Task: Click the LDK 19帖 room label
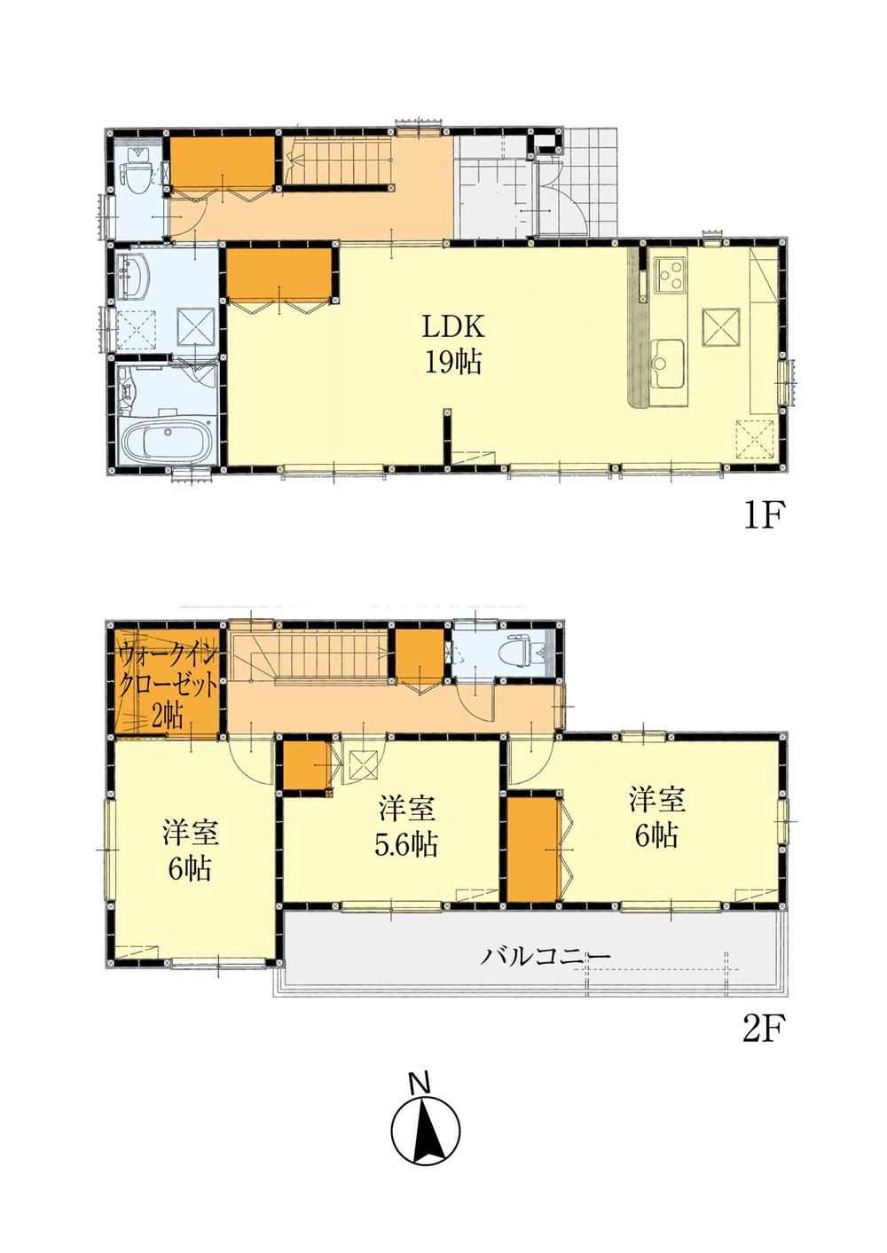(451, 345)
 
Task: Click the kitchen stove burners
(669, 274)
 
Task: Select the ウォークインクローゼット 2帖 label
(167, 688)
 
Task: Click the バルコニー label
(546, 957)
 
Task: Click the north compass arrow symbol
(426, 1130)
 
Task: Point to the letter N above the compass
(420, 1083)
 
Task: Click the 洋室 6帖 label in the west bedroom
(190, 852)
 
